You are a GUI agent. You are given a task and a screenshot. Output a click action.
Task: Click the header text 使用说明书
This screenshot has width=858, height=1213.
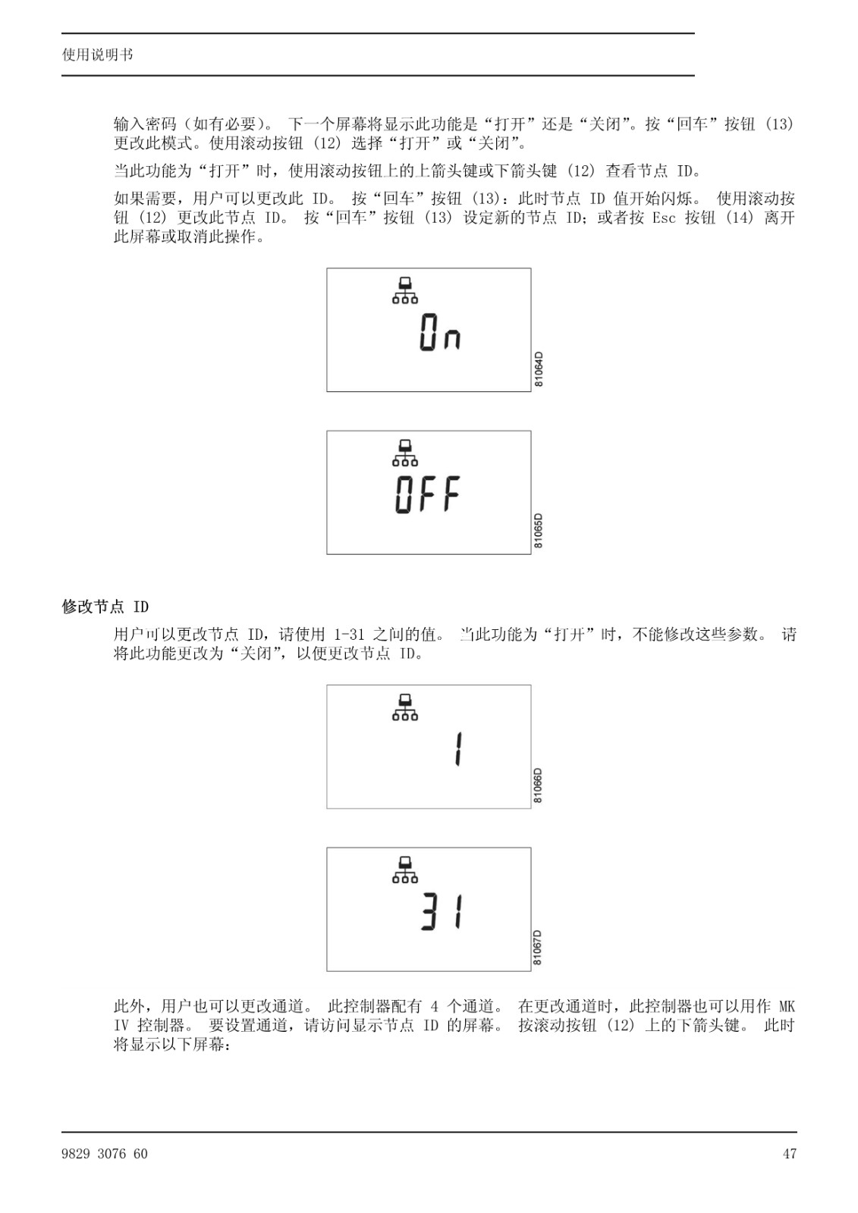point(98,55)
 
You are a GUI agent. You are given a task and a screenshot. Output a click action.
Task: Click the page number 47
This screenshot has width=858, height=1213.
point(790,1154)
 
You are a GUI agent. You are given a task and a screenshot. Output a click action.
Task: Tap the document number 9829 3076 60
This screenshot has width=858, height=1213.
point(105,1154)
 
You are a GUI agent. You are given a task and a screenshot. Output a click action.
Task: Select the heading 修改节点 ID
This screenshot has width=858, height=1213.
point(105,606)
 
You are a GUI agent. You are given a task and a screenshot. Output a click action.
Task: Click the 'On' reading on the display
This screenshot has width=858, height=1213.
point(439,333)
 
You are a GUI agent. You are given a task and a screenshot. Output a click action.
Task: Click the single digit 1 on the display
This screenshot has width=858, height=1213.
point(458,748)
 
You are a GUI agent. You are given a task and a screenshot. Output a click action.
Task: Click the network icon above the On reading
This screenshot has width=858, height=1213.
point(405,291)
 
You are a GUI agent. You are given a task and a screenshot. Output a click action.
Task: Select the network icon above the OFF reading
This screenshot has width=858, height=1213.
point(405,453)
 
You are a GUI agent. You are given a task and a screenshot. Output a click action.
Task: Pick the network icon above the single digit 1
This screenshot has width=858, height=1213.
point(405,708)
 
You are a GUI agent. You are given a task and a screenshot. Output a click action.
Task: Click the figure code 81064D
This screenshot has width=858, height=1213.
point(538,369)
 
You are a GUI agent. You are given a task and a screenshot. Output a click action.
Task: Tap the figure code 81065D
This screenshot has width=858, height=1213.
point(538,531)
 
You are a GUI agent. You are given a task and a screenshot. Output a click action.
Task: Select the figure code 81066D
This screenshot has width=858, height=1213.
point(538,785)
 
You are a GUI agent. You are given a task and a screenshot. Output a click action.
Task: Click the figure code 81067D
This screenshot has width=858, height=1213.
point(538,948)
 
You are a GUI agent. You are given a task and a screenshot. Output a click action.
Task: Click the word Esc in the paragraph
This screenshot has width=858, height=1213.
point(664,218)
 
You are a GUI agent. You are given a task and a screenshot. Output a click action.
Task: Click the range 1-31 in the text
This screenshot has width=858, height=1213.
point(349,634)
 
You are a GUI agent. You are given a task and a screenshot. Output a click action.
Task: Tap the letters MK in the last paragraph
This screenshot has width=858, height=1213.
point(787,1007)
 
